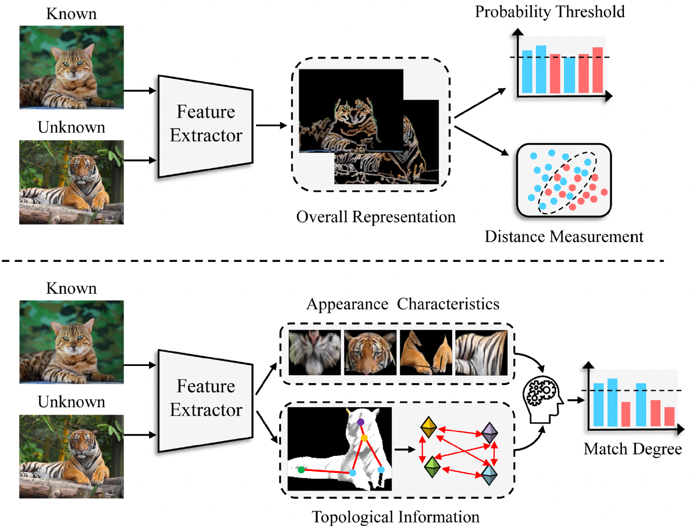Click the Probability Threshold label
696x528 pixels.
point(550,12)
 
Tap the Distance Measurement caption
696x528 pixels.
point(564,237)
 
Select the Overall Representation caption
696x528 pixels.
point(376,217)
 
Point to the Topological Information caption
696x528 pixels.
point(395,517)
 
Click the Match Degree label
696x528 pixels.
point(633,449)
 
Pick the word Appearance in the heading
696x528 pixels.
point(347,304)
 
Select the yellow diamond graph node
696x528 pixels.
point(429,427)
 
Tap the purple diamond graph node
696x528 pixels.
point(490,433)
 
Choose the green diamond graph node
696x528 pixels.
point(431,467)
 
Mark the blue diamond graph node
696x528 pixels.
point(489,474)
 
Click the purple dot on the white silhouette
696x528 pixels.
point(360,422)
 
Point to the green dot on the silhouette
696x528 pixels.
point(301,470)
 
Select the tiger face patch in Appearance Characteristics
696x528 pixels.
point(370,353)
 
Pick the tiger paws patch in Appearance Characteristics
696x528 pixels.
point(426,353)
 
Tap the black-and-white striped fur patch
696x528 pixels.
point(481,353)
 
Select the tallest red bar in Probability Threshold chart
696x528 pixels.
point(597,70)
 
